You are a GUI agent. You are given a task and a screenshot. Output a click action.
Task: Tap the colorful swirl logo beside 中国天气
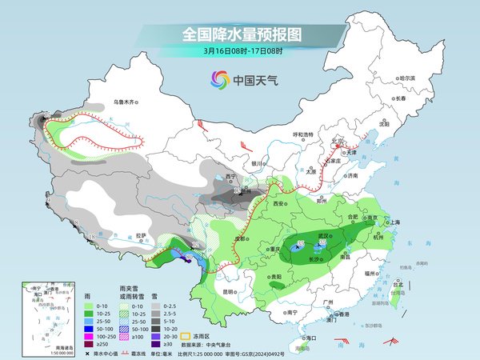tap(218, 79)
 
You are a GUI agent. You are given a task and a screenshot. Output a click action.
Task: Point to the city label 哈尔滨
tap(407, 78)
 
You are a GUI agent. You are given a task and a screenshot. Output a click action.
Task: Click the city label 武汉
tap(324, 234)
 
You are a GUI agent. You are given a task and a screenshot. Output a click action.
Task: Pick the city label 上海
tap(393, 222)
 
